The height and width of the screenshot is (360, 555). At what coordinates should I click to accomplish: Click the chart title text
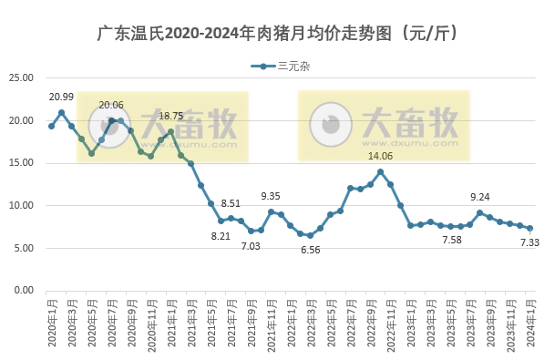click(x=277, y=34)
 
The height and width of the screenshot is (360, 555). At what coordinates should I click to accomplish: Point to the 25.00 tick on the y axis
click(x=21, y=78)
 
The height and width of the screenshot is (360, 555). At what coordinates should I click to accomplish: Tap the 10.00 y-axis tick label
click(x=21, y=206)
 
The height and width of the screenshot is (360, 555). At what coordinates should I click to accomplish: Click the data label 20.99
click(x=61, y=97)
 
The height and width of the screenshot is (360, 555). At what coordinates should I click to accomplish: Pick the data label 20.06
click(x=111, y=106)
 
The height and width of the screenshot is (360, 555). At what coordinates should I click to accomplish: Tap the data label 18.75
click(x=171, y=116)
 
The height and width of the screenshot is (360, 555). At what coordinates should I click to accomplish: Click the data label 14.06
click(x=380, y=156)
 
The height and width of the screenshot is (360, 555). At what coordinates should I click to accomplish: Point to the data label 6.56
click(x=310, y=250)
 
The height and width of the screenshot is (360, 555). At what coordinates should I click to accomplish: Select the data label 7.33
click(x=530, y=243)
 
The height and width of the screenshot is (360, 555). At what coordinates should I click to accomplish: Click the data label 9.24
click(x=480, y=197)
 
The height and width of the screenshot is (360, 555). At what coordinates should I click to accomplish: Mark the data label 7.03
click(x=251, y=245)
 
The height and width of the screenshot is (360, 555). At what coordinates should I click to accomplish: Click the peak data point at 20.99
click(x=61, y=113)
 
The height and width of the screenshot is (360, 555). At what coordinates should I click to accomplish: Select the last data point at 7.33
click(x=530, y=229)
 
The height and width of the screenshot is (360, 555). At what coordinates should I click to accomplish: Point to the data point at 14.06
click(x=380, y=171)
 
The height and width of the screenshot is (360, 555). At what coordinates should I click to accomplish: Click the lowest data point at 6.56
click(x=310, y=235)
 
